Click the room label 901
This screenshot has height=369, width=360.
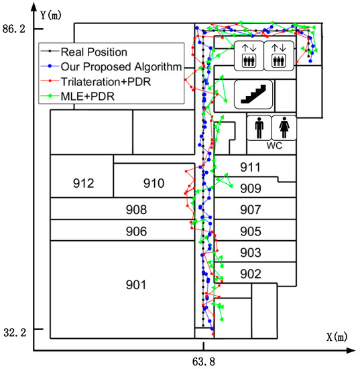click(135, 285)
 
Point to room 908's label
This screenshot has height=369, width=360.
click(136, 210)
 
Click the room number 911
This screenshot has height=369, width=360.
click(250, 167)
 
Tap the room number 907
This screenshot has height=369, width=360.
click(250, 210)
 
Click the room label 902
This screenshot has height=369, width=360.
click(250, 273)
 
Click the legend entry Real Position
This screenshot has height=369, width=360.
click(94, 51)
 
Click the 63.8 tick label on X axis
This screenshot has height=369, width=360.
click(203, 361)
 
